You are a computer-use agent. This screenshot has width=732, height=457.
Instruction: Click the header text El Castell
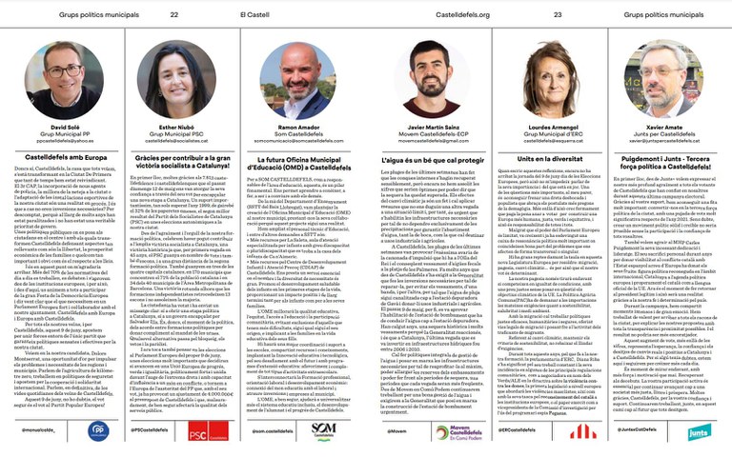[254, 15]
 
